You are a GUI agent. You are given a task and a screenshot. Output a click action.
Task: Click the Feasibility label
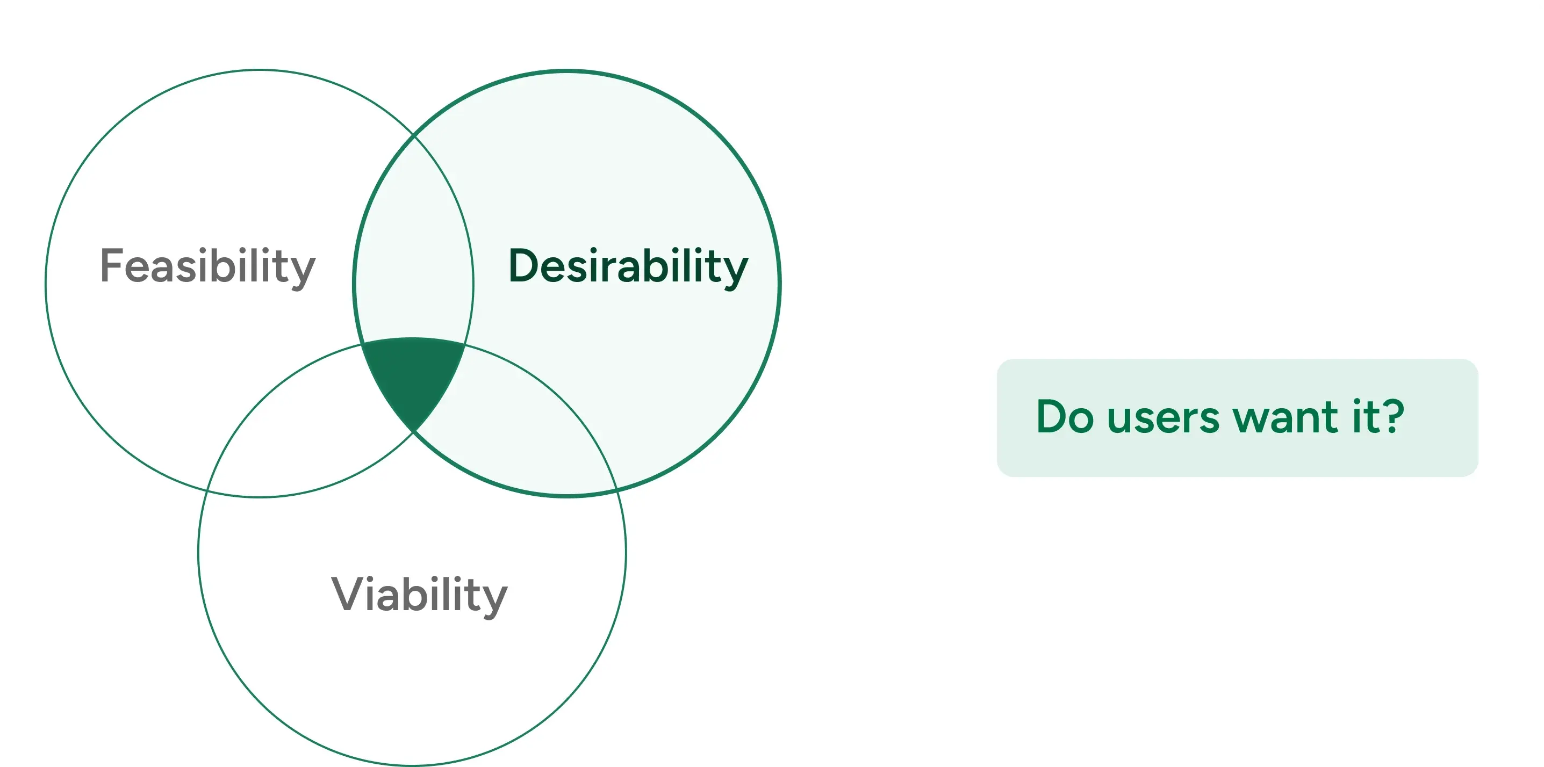207,265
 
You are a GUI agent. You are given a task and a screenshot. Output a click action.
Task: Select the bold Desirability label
628,265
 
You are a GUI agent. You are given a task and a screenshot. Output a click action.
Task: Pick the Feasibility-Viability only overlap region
300,431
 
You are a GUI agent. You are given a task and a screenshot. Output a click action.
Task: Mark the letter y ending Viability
494,599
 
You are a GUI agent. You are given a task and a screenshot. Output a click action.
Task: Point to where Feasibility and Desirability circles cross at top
414,136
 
